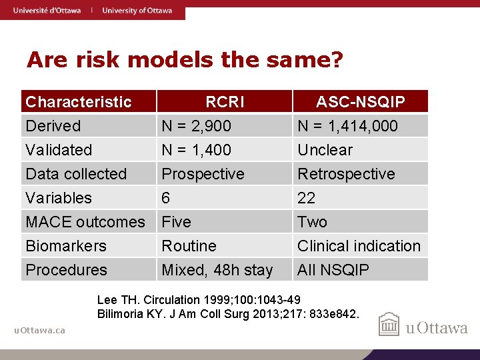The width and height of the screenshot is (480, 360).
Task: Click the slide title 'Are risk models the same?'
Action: tap(185, 61)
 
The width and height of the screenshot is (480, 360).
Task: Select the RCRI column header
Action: tap(225, 102)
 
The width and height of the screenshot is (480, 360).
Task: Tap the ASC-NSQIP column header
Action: tap(360, 102)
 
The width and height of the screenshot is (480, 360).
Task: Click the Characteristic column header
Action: tap(79, 102)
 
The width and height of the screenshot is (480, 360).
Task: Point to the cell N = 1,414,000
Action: tap(347, 126)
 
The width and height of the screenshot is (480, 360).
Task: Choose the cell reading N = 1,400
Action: tap(197, 150)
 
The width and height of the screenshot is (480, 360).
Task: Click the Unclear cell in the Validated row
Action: tap(325, 150)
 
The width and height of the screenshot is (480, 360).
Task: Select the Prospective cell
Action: tap(203, 174)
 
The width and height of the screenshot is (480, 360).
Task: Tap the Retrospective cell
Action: tap(346, 174)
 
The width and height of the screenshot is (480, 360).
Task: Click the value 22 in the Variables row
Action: tap(307, 198)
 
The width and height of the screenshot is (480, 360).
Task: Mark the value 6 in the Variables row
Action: tap(167, 198)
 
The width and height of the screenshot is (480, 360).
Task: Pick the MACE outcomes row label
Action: tap(85, 222)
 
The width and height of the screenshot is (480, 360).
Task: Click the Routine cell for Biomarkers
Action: tap(189, 246)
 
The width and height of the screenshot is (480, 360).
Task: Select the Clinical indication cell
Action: tap(359, 246)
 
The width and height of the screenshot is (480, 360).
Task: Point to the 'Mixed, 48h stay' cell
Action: tap(217, 270)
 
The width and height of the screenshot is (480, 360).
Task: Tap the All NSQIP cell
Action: tap(333, 270)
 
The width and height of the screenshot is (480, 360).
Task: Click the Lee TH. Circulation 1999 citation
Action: tap(199, 299)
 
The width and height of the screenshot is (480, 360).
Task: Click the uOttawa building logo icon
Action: tap(389, 325)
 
